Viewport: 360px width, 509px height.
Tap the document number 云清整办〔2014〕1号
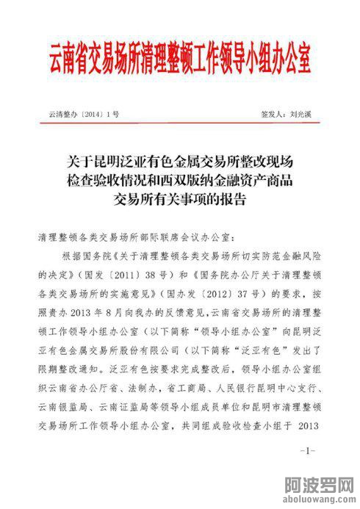click(83, 115)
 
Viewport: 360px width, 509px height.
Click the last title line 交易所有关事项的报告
click(179, 199)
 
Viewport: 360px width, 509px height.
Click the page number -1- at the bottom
click(308, 449)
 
